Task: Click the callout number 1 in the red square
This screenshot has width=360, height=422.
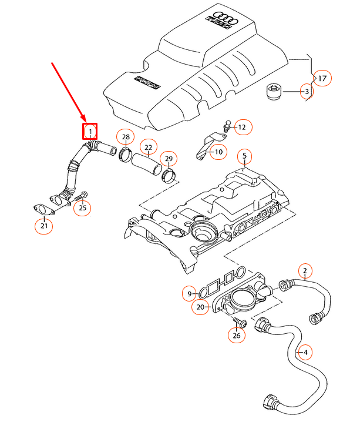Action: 90,130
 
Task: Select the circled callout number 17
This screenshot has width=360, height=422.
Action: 322,77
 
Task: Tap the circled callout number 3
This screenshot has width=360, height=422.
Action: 307,91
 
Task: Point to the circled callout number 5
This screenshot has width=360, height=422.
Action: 245,157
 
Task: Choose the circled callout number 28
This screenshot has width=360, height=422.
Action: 125,138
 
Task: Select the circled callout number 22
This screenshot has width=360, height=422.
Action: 148,147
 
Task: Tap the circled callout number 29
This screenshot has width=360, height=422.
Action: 169,159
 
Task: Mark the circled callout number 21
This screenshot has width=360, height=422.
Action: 43,225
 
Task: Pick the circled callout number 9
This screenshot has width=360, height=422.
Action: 189,293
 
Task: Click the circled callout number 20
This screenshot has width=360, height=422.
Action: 201,306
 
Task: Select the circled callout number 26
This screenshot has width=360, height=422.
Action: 237,336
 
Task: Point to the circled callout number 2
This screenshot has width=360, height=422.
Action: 305,271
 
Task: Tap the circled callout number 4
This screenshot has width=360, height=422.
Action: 304,353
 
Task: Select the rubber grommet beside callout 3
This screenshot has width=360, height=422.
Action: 273,92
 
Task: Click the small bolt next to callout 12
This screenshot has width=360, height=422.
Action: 226,126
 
